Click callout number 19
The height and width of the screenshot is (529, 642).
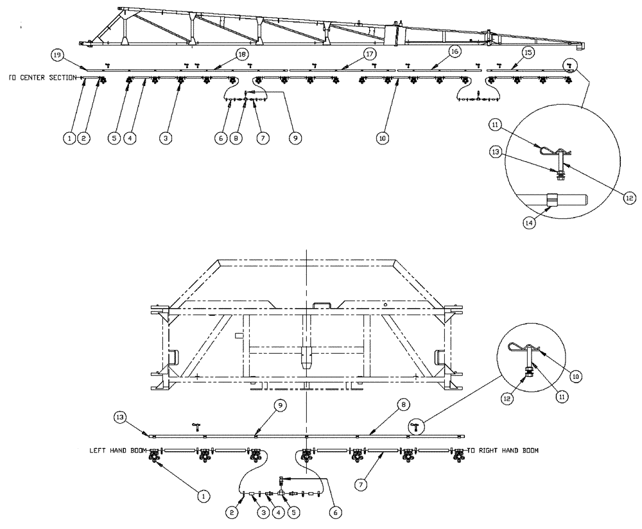pos(57,56)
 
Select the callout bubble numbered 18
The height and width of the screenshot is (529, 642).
pos(242,55)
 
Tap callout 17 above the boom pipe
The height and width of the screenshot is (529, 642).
pos(370,55)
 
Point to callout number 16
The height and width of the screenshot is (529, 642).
pos(455,51)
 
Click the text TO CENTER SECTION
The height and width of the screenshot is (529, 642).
pos(42,78)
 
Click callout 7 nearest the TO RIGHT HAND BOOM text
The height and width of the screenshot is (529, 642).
pos(358,480)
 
